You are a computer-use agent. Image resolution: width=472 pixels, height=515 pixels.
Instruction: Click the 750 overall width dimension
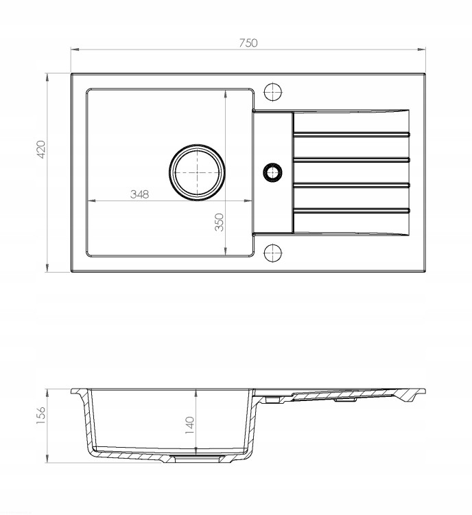click(x=248, y=43)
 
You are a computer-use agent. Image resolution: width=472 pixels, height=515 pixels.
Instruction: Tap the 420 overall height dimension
click(x=42, y=150)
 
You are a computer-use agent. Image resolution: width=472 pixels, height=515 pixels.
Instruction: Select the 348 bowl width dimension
click(x=139, y=194)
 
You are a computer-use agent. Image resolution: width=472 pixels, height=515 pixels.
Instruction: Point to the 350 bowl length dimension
click(x=219, y=222)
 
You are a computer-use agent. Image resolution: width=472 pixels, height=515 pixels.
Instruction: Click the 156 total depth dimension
click(x=41, y=415)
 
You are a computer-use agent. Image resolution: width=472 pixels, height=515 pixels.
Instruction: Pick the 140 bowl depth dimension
click(x=190, y=425)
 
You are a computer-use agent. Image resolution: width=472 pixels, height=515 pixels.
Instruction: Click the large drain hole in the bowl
click(x=197, y=172)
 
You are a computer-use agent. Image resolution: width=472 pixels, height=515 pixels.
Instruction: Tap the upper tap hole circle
click(x=273, y=91)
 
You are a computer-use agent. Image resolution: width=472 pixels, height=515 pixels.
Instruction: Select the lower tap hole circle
click(x=273, y=253)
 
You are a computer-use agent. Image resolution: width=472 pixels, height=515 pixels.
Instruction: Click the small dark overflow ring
click(x=272, y=172)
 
